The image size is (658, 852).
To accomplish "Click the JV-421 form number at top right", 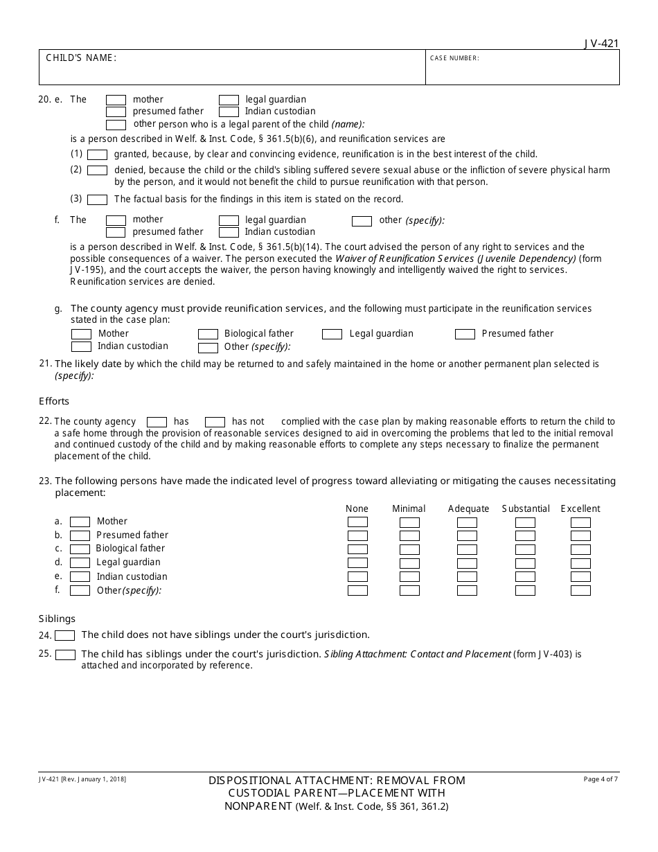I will [x=601, y=44].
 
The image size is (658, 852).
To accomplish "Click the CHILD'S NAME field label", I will [x=81, y=58].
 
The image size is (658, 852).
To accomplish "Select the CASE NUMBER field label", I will [x=454, y=58].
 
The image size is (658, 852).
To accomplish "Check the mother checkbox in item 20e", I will [x=116, y=100].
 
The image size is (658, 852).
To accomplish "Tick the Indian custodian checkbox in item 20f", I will [x=229, y=232].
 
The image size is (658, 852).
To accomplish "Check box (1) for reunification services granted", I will [x=98, y=154].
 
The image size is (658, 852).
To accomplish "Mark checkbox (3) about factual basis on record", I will [x=98, y=199].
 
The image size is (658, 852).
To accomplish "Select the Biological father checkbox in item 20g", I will [x=208, y=334].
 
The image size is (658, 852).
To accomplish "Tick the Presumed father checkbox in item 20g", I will [x=465, y=334].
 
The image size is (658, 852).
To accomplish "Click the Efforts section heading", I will [x=54, y=401].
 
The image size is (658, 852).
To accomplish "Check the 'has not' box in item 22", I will [x=215, y=422].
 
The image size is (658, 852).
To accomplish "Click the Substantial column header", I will [x=526, y=508].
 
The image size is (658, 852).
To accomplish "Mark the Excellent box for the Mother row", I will [x=580, y=522].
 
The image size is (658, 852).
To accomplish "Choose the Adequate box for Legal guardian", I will [x=467, y=562].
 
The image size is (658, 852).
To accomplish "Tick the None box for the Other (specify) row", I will [x=357, y=590].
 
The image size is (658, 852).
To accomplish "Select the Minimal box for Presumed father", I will [x=409, y=535].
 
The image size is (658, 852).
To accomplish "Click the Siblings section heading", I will [x=57, y=619].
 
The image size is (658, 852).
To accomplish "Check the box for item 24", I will [x=65, y=635].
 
